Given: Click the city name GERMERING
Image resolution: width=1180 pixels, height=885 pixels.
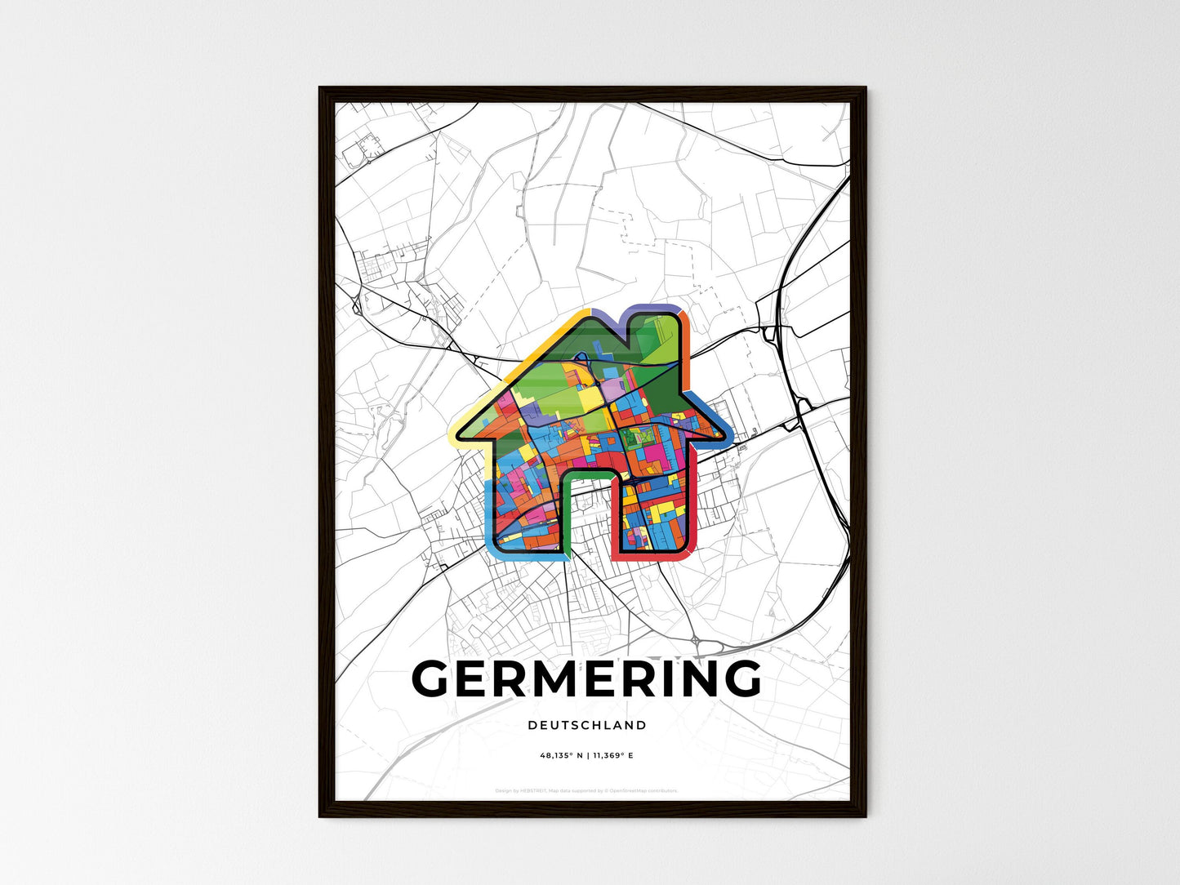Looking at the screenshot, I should tap(586, 678).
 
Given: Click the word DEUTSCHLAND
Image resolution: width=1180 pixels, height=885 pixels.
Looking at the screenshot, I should tap(586, 725).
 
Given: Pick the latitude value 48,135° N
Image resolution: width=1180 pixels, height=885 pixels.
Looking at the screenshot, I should tap(561, 756).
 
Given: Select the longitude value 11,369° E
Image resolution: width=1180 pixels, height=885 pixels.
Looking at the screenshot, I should tap(614, 756).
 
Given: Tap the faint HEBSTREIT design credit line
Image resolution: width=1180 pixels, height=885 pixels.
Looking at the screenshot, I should tap(586, 790).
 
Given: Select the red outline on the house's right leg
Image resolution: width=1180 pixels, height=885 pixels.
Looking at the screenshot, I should tap(653, 558).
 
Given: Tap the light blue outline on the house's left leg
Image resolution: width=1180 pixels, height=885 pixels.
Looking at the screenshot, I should tap(488, 523).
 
